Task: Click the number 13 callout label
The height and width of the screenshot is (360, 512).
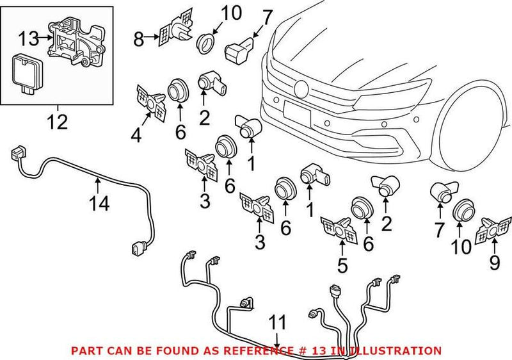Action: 28,39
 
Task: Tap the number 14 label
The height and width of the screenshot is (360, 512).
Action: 99,204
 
